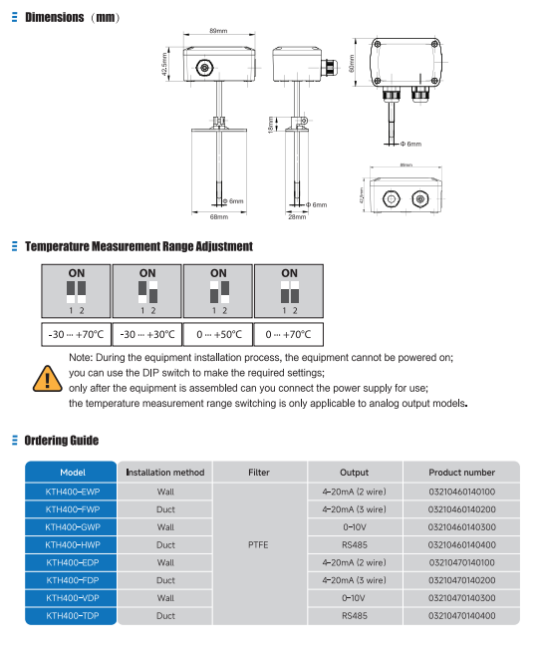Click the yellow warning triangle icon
[46, 378]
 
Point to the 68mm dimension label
[218, 216]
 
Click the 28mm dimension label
[297, 216]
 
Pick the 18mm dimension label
[269, 125]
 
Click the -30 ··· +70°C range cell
[75, 335]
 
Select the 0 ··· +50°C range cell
[217, 335]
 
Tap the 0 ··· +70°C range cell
[289, 335]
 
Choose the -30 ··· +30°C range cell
[146, 335]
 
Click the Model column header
[72, 473]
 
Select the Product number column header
[461, 473]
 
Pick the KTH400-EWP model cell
[72, 492]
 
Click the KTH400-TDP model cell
[72, 616]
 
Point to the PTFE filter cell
[257, 545]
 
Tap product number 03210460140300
[461, 526]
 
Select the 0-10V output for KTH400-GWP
[354, 526]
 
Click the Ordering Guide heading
[62, 440]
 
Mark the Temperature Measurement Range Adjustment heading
[138, 246]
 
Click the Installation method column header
[165, 473]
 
